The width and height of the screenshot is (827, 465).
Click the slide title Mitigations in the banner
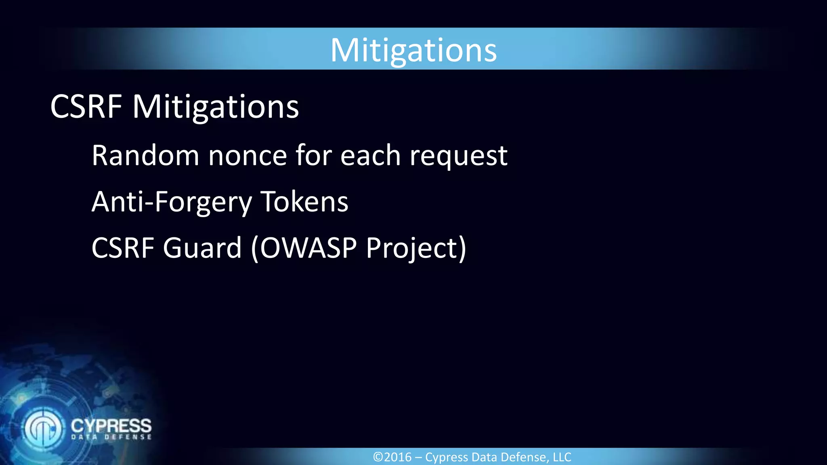click(x=413, y=50)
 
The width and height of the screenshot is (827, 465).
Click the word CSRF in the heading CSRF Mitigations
click(x=86, y=107)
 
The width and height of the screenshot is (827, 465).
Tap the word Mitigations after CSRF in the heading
click(x=216, y=107)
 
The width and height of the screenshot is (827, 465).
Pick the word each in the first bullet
click(x=370, y=155)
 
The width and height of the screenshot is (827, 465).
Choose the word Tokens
click(x=304, y=201)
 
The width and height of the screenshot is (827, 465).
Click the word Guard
click(x=202, y=247)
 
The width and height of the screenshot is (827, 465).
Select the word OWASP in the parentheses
click(x=308, y=247)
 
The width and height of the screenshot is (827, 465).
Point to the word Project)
click(x=416, y=248)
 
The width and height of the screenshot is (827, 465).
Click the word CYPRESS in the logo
click(x=111, y=426)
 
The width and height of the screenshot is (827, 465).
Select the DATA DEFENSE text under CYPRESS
click(x=111, y=437)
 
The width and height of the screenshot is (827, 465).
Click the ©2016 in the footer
click(x=392, y=457)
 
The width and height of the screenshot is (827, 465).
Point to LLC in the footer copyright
click(x=562, y=457)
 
